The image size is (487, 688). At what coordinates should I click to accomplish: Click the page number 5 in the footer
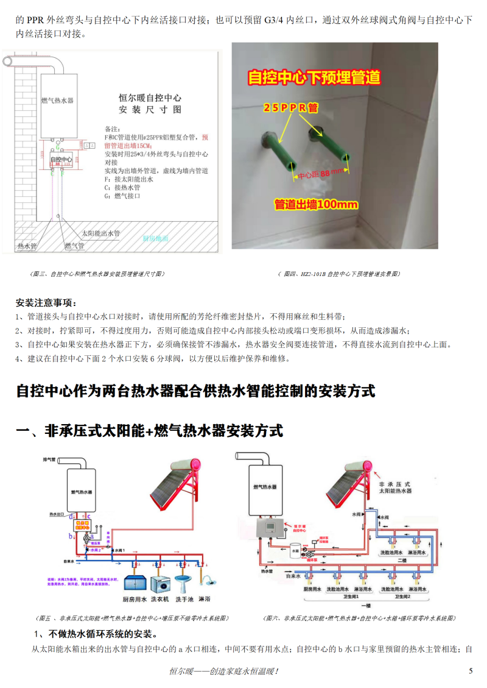470,671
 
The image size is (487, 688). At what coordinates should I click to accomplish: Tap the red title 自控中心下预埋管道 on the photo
314,77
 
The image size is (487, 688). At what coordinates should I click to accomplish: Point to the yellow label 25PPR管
290,107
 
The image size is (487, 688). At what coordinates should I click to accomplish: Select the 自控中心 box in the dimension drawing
61,160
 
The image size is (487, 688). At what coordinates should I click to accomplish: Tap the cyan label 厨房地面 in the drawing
155,239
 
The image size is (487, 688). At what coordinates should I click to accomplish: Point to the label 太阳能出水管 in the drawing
101,233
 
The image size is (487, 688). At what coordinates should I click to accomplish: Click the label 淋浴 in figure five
204,599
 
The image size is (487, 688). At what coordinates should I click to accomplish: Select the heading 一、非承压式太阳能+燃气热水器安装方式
149,431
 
